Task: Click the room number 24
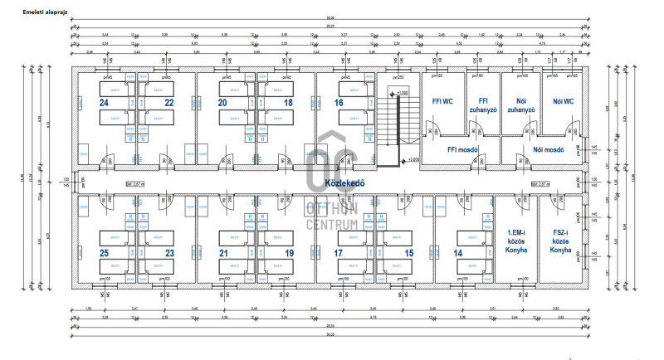pos(104,103)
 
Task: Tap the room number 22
pos(169,103)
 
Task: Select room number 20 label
pos(222,103)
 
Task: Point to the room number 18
pos(288,103)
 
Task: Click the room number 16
pos(339,103)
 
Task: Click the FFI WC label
pos(442,103)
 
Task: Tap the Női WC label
pos(564,103)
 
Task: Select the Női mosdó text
pos(550,150)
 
